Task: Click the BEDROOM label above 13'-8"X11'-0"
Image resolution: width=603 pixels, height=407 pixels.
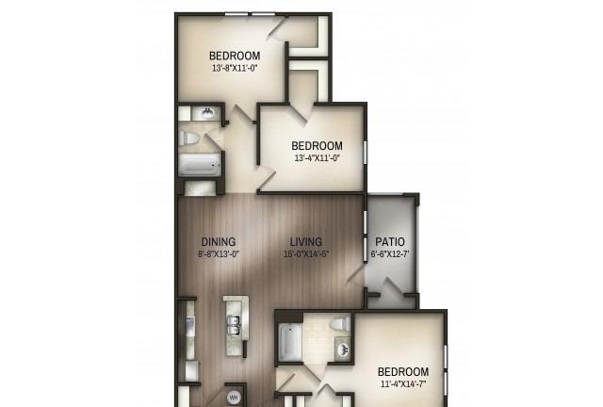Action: [235, 56]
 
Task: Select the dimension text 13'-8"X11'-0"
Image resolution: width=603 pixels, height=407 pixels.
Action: [235, 69]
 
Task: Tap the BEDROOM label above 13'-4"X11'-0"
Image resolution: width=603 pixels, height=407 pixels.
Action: [317, 146]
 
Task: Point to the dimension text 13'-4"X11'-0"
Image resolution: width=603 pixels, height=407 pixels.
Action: [318, 158]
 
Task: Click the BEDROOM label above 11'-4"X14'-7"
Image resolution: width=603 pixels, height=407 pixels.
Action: [403, 372]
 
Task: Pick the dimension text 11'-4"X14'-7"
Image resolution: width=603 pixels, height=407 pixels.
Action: [403, 384]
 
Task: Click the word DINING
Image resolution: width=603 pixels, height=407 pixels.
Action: [219, 242]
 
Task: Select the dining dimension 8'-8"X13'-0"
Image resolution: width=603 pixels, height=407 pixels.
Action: [219, 254]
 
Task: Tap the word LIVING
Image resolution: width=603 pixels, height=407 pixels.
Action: [306, 242]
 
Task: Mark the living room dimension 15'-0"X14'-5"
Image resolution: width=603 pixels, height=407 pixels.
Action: [306, 254]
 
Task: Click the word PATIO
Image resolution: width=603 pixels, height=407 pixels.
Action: [390, 242]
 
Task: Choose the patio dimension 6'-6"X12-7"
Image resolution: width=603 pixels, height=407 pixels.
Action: [390, 254]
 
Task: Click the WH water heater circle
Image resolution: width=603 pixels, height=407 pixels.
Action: [234, 397]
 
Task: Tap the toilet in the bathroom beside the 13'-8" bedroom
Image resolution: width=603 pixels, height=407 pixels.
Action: [188, 138]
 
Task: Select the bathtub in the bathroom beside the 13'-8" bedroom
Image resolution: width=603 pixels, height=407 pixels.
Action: [200, 165]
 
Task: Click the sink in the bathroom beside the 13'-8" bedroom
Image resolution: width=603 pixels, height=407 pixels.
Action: [207, 113]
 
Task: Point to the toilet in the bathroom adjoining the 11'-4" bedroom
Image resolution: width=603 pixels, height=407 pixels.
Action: [340, 323]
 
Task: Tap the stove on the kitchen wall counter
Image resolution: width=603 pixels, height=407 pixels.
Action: [190, 326]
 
